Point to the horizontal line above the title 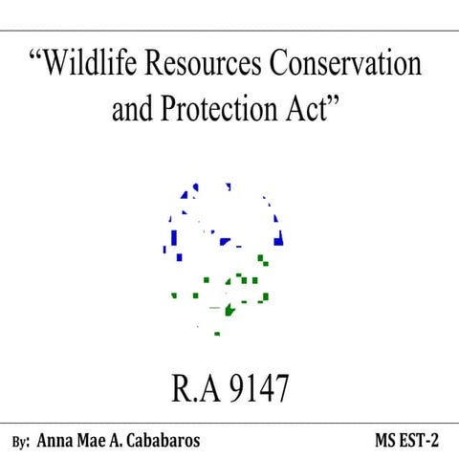229,31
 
